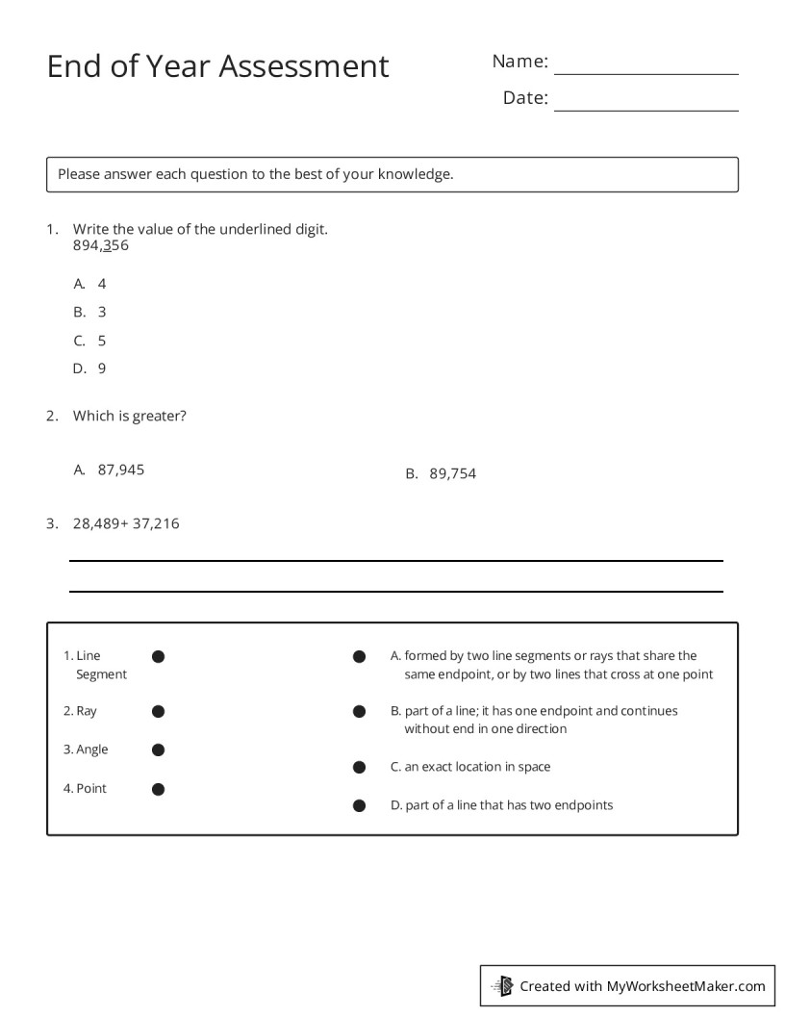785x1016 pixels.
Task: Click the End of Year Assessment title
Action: [x=217, y=66]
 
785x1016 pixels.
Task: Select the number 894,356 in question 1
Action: [x=101, y=245]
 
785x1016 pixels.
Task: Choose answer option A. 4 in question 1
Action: [x=89, y=284]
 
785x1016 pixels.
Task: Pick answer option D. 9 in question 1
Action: [x=89, y=368]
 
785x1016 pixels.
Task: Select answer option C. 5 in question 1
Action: [x=89, y=341]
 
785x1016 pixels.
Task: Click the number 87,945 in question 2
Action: [x=121, y=470]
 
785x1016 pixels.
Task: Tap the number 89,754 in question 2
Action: [x=452, y=473]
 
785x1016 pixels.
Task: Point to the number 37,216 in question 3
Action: [x=156, y=523]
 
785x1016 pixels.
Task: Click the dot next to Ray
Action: [x=159, y=712]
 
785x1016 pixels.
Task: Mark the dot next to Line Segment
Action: [x=159, y=656]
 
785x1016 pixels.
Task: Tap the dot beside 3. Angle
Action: [x=159, y=749]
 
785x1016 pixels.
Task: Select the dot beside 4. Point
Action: [x=159, y=789]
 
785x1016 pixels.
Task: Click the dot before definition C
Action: [x=359, y=768]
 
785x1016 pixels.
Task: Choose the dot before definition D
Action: [x=359, y=805]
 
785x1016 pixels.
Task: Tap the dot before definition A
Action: [x=359, y=656]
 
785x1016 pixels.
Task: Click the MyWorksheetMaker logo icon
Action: [x=502, y=985]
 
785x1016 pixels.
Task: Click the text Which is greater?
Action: [x=130, y=417]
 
